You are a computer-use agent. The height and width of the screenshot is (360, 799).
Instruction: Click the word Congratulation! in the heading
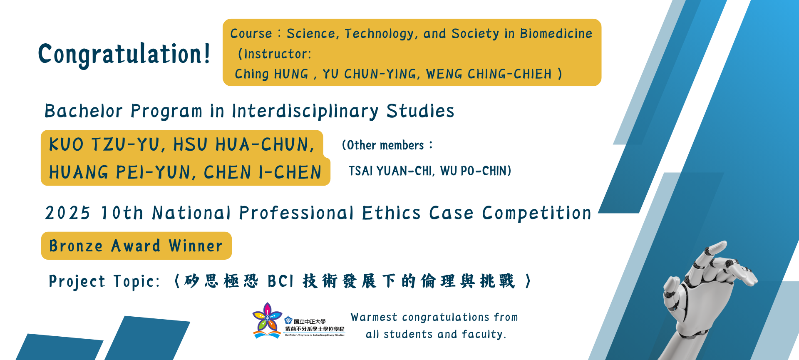pyautogui.click(x=124, y=54)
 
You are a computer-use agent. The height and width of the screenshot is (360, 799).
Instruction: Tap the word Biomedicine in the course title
pyautogui.click(x=556, y=33)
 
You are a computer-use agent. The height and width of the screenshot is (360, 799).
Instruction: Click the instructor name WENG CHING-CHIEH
pyautogui.click(x=489, y=74)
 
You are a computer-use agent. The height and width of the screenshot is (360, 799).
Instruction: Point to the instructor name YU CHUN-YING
pyautogui.click(x=369, y=74)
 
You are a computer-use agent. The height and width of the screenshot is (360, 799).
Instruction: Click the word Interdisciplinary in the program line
pyautogui.click(x=305, y=111)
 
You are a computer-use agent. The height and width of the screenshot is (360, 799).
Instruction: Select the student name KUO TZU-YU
pyautogui.click(x=104, y=145)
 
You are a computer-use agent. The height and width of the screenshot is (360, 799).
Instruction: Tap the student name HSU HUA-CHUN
pyautogui.click(x=243, y=145)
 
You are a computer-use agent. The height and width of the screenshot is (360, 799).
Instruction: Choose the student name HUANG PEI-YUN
pyautogui.click(x=119, y=172)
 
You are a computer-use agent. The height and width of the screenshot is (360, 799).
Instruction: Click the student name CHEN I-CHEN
pyautogui.click(x=263, y=172)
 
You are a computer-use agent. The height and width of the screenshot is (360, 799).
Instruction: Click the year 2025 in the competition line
pyautogui.click(x=67, y=213)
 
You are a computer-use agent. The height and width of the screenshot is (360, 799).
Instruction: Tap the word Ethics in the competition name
pyautogui.click(x=391, y=213)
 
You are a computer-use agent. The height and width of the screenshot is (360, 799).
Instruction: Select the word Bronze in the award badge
pyautogui.click(x=76, y=246)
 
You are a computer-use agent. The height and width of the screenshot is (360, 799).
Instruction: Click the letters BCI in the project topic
pyautogui.click(x=281, y=281)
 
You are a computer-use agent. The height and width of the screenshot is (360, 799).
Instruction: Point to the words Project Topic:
pyautogui.click(x=104, y=282)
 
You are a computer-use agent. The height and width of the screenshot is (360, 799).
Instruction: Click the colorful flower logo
pyautogui.click(x=267, y=320)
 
